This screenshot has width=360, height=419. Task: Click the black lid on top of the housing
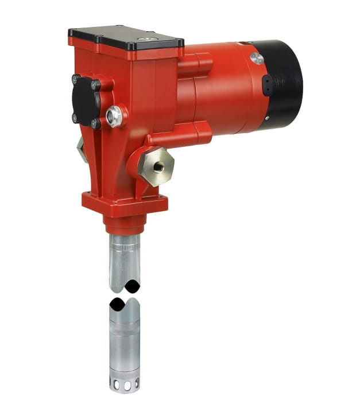(x=126, y=37)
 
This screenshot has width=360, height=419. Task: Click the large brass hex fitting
(x=156, y=166)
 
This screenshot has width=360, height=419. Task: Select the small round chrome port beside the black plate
(x=114, y=116)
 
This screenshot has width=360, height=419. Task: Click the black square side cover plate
(x=86, y=100)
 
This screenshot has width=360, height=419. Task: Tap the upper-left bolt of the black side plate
(x=75, y=79)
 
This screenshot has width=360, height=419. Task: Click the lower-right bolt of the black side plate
(x=95, y=123)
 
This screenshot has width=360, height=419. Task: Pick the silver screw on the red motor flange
(x=257, y=59)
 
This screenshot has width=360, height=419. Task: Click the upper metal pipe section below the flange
(x=124, y=258)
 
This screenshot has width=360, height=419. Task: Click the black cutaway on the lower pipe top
(x=124, y=302)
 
